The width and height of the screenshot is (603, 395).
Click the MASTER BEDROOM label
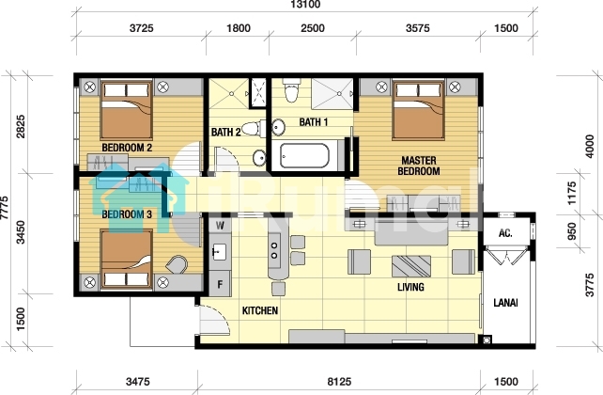[419, 166]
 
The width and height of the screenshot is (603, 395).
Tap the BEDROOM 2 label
[127, 148]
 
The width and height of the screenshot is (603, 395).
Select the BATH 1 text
[314, 122]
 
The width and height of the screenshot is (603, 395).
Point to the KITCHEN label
[260, 310]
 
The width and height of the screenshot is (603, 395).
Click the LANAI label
[505, 303]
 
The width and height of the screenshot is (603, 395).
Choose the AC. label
[505, 233]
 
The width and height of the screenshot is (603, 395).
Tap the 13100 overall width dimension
[305, 5]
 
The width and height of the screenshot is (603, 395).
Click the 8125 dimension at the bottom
[339, 382]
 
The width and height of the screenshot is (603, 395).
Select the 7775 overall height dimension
[5, 208]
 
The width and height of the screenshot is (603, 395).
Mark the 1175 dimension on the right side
[572, 193]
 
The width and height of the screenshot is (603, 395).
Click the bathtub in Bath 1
[304, 156]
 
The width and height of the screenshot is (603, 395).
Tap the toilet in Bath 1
[291, 91]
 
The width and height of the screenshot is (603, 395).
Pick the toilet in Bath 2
[254, 129]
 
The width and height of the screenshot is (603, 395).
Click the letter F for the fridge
[220, 285]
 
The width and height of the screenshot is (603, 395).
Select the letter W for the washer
[220, 225]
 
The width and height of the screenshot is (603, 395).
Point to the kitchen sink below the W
[220, 252]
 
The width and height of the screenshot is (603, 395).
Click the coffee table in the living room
[411, 266]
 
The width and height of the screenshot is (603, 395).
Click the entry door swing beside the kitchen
[214, 320]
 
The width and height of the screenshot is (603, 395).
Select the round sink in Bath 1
[278, 127]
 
